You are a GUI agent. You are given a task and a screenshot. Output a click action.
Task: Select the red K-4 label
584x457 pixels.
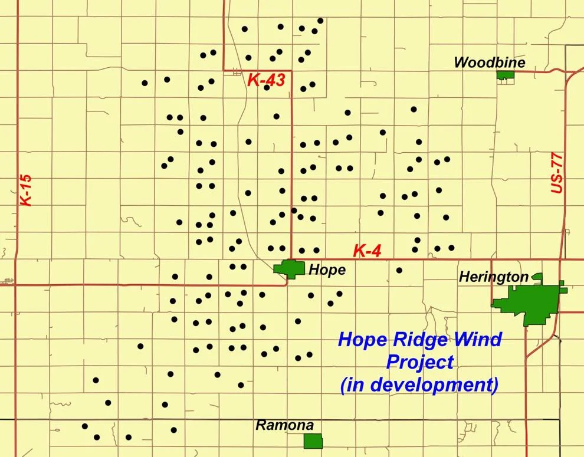368,251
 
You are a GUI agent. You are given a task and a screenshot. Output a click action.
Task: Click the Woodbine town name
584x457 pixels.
490,63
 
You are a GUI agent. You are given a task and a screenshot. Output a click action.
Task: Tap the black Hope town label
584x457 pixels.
327,270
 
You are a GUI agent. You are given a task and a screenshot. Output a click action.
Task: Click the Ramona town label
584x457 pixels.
284,425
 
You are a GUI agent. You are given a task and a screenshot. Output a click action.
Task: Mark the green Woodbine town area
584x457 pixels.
505,75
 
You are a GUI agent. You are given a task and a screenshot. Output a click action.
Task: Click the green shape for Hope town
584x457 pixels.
290,268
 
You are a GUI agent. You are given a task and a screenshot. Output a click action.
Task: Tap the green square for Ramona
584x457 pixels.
313,441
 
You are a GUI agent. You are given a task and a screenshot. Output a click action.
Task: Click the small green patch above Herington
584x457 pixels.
537,276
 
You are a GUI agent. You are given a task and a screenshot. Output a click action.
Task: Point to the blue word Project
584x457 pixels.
420,361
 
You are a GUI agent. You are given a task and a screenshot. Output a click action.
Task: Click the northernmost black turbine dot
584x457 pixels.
320,21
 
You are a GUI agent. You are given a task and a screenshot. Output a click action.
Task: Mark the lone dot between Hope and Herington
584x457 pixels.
399,270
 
